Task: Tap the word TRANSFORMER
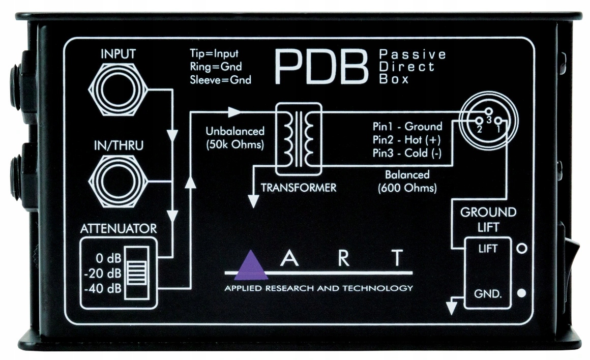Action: [299, 188]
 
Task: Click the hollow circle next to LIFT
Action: [521, 249]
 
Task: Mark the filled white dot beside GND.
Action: [521, 294]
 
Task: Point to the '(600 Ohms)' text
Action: [407, 187]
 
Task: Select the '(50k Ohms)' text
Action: [235, 144]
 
